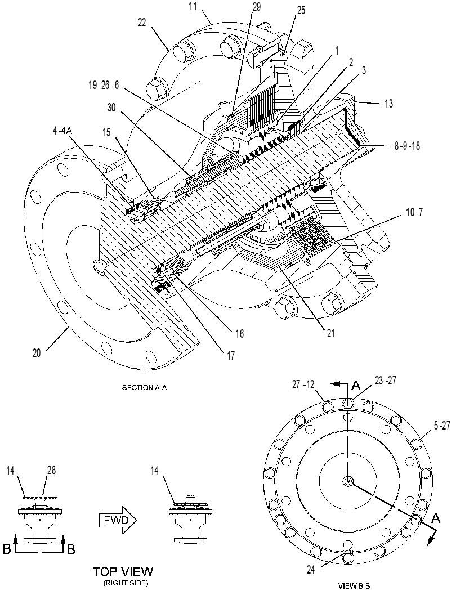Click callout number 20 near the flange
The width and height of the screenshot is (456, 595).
(37, 353)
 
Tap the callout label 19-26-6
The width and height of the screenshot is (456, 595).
(104, 85)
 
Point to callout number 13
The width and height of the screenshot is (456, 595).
(388, 103)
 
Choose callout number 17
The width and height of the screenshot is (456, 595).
(231, 356)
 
